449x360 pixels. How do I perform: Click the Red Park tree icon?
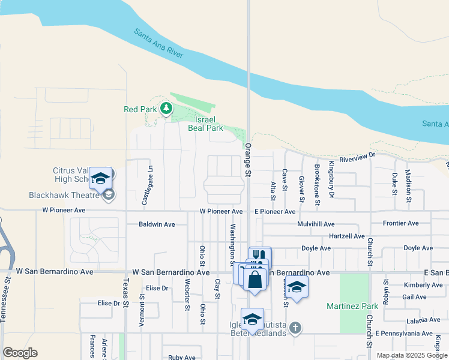click(x=166, y=109)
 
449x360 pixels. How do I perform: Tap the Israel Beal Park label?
click(x=205, y=124)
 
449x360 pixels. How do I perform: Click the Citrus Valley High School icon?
click(x=100, y=178)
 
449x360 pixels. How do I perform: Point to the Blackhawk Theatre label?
click(x=64, y=195)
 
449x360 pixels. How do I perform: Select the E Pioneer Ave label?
click(x=275, y=212)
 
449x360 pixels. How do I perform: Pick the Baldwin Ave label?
click(x=157, y=224)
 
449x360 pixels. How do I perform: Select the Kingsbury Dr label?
click(x=331, y=181)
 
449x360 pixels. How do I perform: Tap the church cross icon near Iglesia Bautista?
click(x=294, y=328)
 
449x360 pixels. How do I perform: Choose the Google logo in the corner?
click(x=20, y=352)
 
